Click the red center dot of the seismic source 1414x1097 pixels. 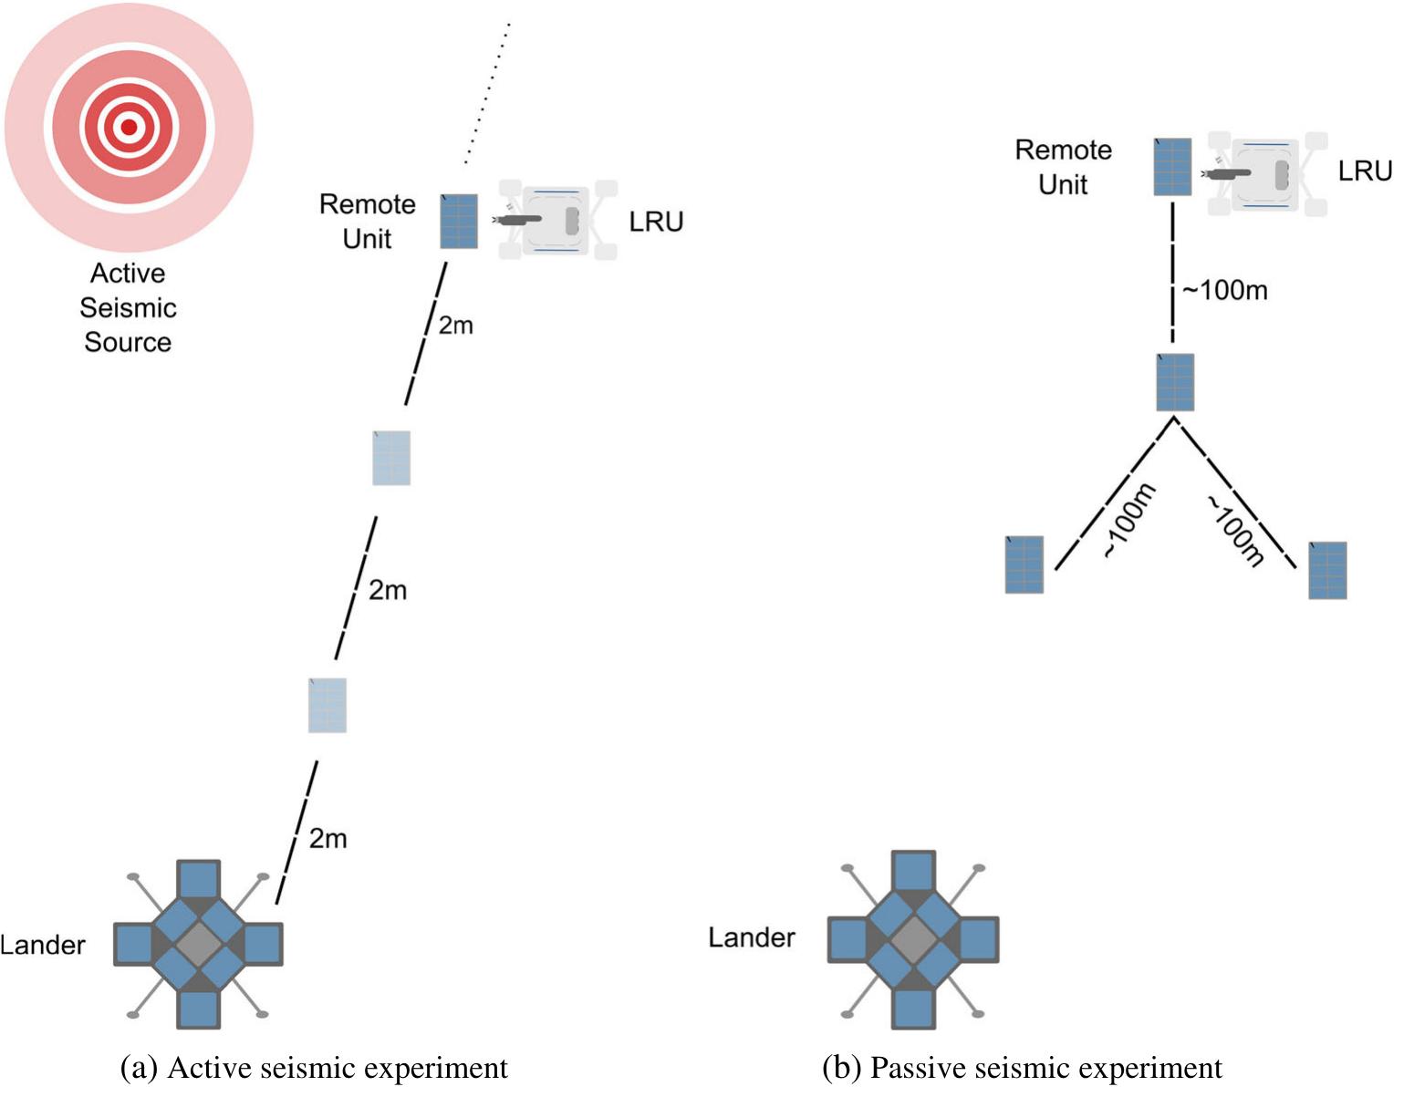coord(129,128)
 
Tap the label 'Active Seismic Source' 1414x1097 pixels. coord(128,307)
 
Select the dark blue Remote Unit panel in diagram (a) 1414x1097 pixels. coord(459,222)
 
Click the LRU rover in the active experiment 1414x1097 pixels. coord(557,220)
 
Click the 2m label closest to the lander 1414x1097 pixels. coord(328,839)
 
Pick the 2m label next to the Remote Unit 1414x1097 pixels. coord(455,326)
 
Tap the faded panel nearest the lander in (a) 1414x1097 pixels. coord(328,705)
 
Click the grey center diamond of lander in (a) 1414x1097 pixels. coord(198,944)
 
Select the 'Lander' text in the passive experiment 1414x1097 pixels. coord(752,937)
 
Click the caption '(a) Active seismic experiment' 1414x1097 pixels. coord(315,1068)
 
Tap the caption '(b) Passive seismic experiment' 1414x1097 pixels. coord(1022,1068)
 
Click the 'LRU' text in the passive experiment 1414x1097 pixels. coord(1365,171)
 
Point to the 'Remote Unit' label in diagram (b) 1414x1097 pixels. coord(1063,167)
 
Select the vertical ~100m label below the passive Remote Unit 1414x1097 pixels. coord(1225,291)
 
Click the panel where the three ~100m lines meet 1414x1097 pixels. coord(1175,383)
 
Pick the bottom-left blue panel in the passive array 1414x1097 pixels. coord(1024,564)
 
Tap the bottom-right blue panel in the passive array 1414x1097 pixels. coord(1327,570)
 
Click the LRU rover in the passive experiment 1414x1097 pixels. coord(1266,173)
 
